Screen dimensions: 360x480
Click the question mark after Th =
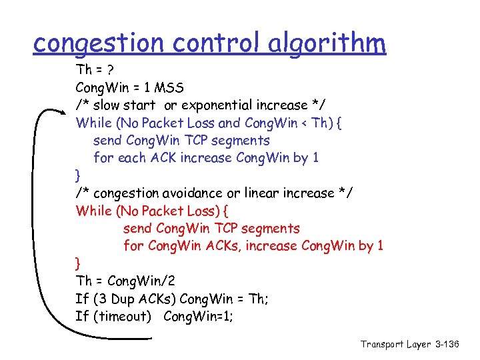(x=109, y=70)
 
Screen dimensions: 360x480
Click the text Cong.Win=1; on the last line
(x=199, y=316)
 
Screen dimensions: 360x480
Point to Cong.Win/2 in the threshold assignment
(x=144, y=281)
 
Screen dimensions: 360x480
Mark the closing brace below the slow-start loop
(x=79, y=176)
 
